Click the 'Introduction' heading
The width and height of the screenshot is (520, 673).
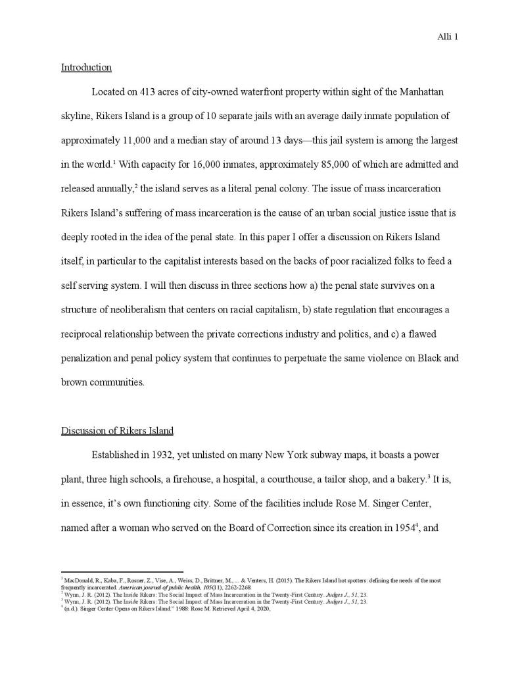(x=86, y=67)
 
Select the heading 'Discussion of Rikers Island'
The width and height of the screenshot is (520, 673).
(x=117, y=431)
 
